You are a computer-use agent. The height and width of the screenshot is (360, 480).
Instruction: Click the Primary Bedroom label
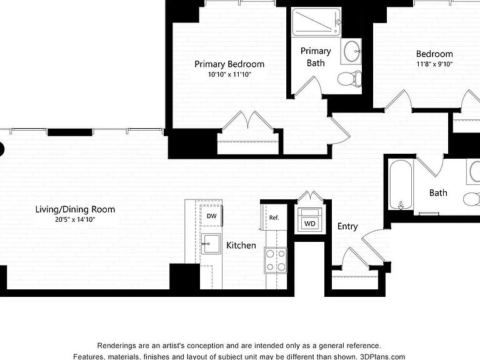[x=229, y=64]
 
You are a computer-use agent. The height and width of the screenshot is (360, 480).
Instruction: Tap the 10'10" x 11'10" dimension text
[x=229, y=74]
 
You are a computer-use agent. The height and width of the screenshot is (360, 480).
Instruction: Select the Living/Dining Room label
[x=75, y=209]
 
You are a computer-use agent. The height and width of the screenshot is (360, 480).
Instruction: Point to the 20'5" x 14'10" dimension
[x=75, y=219]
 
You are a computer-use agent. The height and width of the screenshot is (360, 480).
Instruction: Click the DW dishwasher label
[x=211, y=216]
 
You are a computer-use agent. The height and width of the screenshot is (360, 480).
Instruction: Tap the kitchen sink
[x=211, y=244]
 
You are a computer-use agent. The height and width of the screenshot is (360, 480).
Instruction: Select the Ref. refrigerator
[x=274, y=217]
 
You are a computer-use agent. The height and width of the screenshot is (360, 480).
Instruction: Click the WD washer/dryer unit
[x=310, y=220]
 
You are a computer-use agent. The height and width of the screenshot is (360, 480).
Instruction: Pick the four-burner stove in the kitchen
[x=276, y=260]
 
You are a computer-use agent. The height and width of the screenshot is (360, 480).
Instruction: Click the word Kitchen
[x=241, y=245]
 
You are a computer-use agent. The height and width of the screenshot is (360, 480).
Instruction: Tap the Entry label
[x=347, y=226]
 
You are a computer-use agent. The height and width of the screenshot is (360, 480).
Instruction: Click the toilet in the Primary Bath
[x=349, y=79]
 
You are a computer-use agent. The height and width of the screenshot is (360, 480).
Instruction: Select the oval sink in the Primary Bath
[x=352, y=51]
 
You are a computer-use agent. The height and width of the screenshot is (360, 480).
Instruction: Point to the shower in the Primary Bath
[x=316, y=22]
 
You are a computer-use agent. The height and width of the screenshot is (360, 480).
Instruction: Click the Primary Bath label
[x=316, y=57]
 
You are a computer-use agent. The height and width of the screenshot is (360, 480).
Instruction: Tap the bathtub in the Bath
[x=401, y=184]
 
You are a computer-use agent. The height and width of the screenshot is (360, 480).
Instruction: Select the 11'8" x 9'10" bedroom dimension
[x=434, y=64]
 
